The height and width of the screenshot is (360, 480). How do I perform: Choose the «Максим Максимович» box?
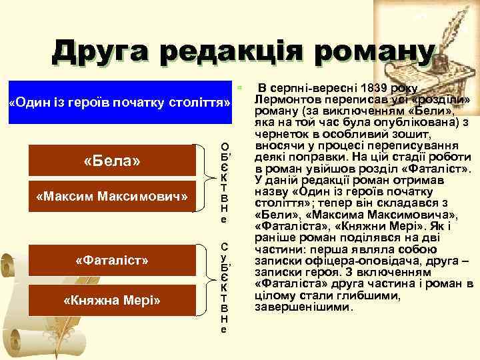pyautogui.click(x=111, y=197)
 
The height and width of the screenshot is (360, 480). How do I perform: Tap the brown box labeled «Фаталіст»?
pyautogui.click(x=111, y=259)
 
